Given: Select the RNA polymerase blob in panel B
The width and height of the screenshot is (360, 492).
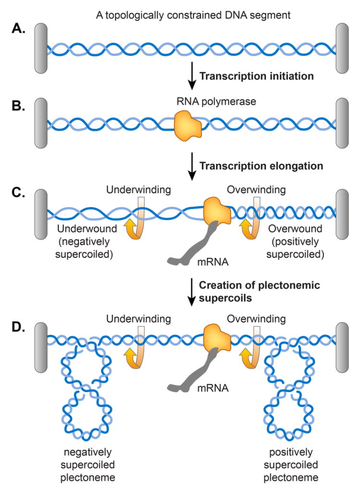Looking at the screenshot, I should pos(188,126).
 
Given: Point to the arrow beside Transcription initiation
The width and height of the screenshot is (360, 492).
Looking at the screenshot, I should pos(192,75).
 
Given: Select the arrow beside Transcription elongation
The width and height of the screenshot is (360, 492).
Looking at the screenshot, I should pos(192,166).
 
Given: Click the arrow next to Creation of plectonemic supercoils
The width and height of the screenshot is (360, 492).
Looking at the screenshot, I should pos(192,292).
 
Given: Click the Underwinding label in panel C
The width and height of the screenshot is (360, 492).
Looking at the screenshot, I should pos(138,190).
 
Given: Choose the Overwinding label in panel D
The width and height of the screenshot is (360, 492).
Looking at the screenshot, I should pos(256,319).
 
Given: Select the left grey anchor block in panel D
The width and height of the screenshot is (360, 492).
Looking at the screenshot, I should pos(41,347).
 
